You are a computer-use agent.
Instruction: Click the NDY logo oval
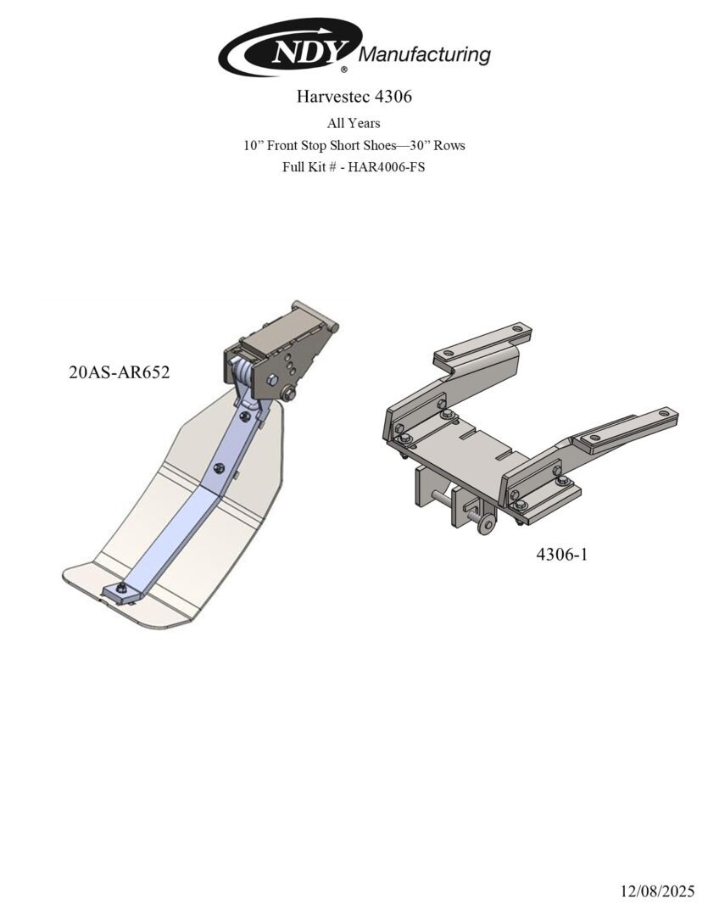coord(290,47)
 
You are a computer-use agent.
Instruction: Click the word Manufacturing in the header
coord(424,55)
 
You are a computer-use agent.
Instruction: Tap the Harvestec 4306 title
coord(354,97)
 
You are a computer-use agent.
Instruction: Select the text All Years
coord(354,123)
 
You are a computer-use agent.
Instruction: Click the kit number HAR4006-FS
coord(386,166)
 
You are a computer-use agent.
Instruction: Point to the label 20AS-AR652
coord(120,372)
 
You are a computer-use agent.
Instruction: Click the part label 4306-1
coord(562,554)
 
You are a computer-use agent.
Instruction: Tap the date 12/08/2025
coord(657,891)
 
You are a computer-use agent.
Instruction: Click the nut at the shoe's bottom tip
coord(121,589)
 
